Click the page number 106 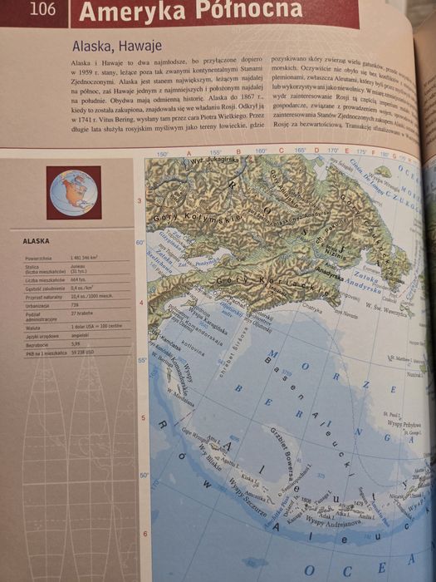point(42,10)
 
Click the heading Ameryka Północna point(191,11)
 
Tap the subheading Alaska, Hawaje point(116,46)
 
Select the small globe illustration point(74,192)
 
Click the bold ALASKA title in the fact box point(36,242)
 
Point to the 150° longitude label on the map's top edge point(163,153)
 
